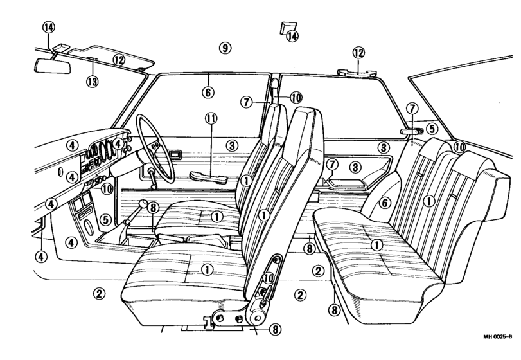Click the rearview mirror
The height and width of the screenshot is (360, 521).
click(x=53, y=66)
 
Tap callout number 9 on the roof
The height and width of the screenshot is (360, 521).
click(x=225, y=48)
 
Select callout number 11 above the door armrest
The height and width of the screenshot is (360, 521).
click(x=211, y=118)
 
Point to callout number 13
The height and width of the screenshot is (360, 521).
click(x=93, y=81)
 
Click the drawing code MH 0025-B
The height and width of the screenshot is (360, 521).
click(x=498, y=337)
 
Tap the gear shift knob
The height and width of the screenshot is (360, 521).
click(x=143, y=203)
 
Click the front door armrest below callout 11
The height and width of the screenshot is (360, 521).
click(x=208, y=178)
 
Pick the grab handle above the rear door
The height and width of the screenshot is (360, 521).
click(x=357, y=73)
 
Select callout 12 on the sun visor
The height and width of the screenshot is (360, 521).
click(x=118, y=60)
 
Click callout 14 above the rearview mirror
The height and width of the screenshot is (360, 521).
click(x=49, y=27)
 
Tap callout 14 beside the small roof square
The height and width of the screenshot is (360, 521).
click(x=292, y=35)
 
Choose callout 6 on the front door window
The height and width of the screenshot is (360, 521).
click(x=208, y=92)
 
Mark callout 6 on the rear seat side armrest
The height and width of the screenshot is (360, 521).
click(x=385, y=203)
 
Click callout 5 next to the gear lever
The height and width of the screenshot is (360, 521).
click(x=105, y=219)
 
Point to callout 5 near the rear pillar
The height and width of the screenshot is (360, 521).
click(x=432, y=128)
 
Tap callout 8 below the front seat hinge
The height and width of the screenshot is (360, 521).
click(x=275, y=329)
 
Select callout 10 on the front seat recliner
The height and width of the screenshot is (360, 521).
click(x=269, y=278)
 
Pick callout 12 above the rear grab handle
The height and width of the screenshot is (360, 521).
click(x=358, y=53)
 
